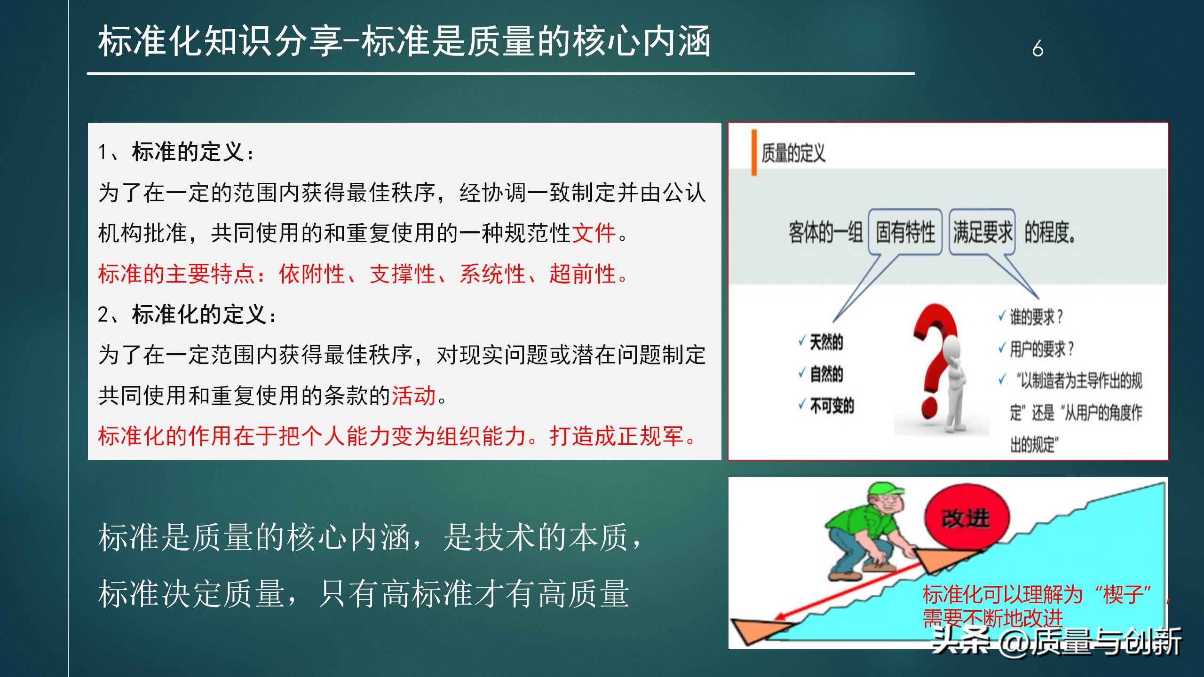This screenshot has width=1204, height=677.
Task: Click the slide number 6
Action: point(1038,48)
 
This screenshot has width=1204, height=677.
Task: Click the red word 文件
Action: point(594,233)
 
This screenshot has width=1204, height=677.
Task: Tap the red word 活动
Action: point(414,395)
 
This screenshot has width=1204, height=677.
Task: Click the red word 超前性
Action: point(582,274)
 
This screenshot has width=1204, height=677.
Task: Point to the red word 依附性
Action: point(311,274)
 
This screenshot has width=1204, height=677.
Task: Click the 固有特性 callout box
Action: point(905,232)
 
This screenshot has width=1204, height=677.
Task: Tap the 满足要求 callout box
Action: point(982,232)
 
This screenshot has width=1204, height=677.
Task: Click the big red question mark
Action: point(934,357)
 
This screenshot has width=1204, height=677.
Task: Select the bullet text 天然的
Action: point(826,342)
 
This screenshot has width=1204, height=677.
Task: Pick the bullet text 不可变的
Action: point(832,405)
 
